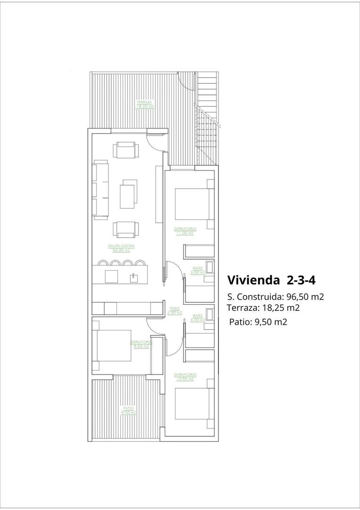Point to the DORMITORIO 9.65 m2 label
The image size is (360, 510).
pos(141,344)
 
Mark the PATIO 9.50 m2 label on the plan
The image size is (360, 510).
pos(128,410)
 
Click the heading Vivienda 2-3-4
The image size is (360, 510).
pos(271,280)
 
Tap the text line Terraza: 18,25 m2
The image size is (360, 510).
pos(263,308)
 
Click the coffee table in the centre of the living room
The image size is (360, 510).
pos(128,195)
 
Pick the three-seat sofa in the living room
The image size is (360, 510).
pos(100,190)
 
